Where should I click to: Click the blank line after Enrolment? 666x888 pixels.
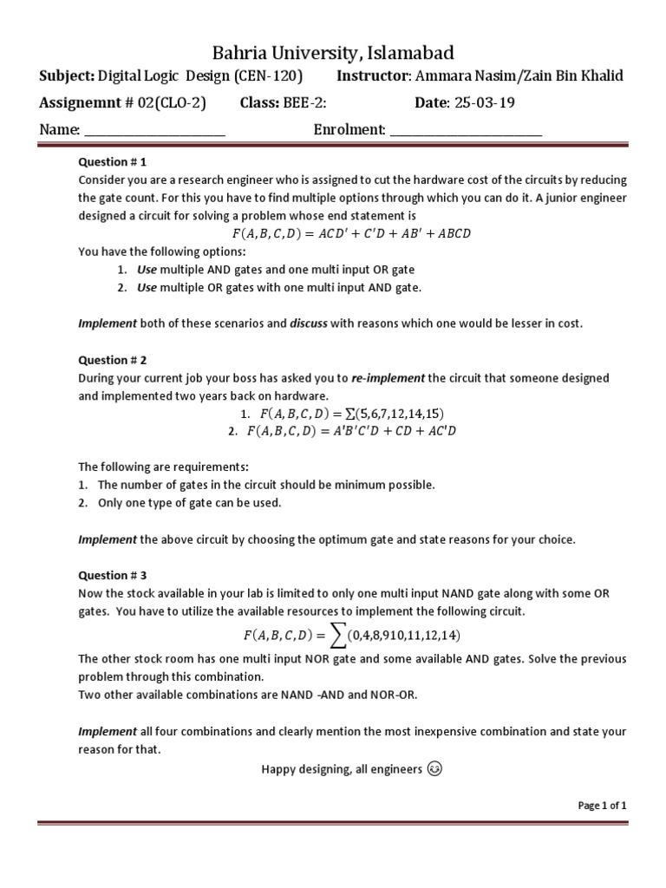[x=466, y=131]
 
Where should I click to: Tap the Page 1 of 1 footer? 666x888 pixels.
[x=602, y=806]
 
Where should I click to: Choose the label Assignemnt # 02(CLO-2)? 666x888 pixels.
[x=123, y=103]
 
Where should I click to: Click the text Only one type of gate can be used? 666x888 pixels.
[x=189, y=503]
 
